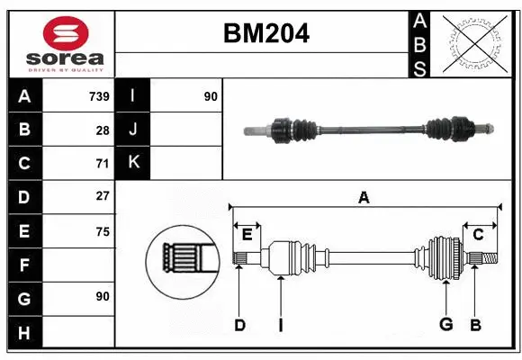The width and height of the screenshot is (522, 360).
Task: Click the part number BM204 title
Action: click(265, 33)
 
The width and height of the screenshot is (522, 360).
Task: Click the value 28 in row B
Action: click(103, 130)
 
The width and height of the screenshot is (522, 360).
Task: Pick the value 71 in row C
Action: click(103, 163)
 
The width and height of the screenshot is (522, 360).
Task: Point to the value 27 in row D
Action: click(103, 196)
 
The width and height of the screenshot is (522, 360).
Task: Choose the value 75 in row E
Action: click(103, 231)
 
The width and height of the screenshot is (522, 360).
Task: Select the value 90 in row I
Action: click(211, 96)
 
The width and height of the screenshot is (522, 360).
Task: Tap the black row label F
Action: click(25, 265)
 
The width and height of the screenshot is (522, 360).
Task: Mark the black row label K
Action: click(133, 163)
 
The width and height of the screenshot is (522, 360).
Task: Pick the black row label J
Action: click(133, 130)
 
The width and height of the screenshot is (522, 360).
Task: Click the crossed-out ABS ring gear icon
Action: click(473, 42)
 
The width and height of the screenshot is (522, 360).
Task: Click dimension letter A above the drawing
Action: click(364, 197)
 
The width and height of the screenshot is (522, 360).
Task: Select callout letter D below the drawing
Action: click(239, 326)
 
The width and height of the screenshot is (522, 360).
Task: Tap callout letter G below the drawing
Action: click(445, 326)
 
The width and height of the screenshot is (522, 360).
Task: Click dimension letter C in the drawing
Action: click(478, 234)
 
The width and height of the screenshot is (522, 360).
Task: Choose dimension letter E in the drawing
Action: click(247, 234)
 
